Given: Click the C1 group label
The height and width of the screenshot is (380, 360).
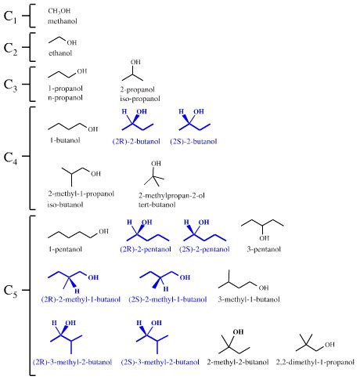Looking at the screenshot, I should pos(13,15).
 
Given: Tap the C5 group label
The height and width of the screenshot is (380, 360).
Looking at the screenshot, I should pos(11,291).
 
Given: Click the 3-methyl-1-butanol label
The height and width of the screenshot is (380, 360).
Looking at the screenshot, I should pos(245,299).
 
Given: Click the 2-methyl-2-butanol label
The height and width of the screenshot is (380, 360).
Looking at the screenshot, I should pos(238,362).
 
